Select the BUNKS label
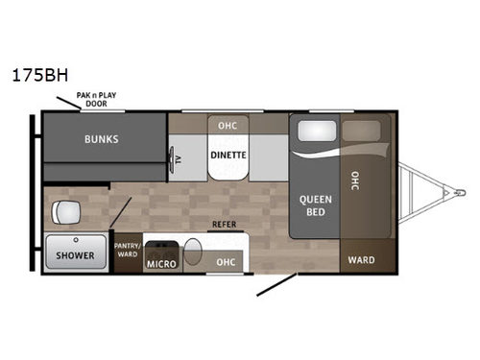coord(101,138)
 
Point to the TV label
coord(176,158)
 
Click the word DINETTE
coord(229,153)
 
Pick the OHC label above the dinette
coord(228,126)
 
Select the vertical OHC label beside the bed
coord(354,181)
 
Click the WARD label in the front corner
coord(361,260)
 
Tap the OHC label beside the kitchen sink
coord(226,261)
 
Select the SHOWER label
coord(74,255)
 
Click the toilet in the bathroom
coord(66,211)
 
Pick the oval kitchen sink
coord(193,253)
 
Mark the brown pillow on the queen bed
coord(361,132)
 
